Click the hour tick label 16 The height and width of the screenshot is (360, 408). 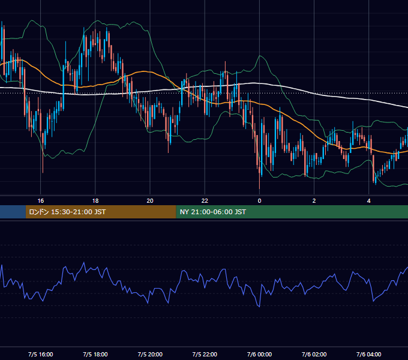tap(41, 201)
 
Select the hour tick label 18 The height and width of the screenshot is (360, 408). tap(95, 201)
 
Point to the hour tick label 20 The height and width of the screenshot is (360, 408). tap(150, 201)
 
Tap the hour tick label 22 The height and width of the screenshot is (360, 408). tap(205, 201)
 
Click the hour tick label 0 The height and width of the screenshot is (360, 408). tap(259, 201)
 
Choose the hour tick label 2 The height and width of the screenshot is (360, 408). tap(314, 201)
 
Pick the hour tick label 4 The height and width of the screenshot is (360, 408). tap(369, 201)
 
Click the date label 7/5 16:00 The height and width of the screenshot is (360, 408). tap(41, 354)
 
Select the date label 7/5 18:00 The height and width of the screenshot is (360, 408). tap(95, 354)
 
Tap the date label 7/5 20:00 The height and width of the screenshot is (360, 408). tap(150, 354)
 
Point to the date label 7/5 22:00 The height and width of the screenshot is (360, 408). tap(205, 354)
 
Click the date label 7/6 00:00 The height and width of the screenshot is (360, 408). tap(259, 354)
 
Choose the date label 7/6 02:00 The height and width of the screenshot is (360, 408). tap(314, 354)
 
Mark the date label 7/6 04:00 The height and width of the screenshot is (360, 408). tap(369, 354)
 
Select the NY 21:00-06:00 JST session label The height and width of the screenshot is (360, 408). tap(213, 212)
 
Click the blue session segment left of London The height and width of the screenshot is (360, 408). tap(13, 212)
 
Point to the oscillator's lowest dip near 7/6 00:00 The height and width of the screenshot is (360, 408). tap(259, 307)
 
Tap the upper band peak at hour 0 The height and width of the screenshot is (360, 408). tap(260, 56)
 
